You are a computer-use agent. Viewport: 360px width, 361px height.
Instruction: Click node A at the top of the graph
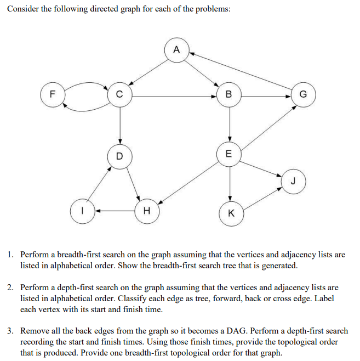(176, 50)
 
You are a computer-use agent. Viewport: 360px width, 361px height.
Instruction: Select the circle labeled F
(52, 93)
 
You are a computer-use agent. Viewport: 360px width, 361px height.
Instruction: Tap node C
(119, 94)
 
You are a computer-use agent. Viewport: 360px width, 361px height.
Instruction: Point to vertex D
(119, 155)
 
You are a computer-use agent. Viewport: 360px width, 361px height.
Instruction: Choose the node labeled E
(230, 153)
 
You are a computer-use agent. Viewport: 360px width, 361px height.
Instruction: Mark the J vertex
(293, 180)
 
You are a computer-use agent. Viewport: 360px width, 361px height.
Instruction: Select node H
(146, 210)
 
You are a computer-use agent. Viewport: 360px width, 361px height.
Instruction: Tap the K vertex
(230, 213)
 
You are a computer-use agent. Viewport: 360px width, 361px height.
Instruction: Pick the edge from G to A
(241, 70)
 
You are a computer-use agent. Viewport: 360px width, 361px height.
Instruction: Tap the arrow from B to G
(267, 96)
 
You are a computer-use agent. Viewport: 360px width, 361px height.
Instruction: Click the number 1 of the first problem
(11, 255)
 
